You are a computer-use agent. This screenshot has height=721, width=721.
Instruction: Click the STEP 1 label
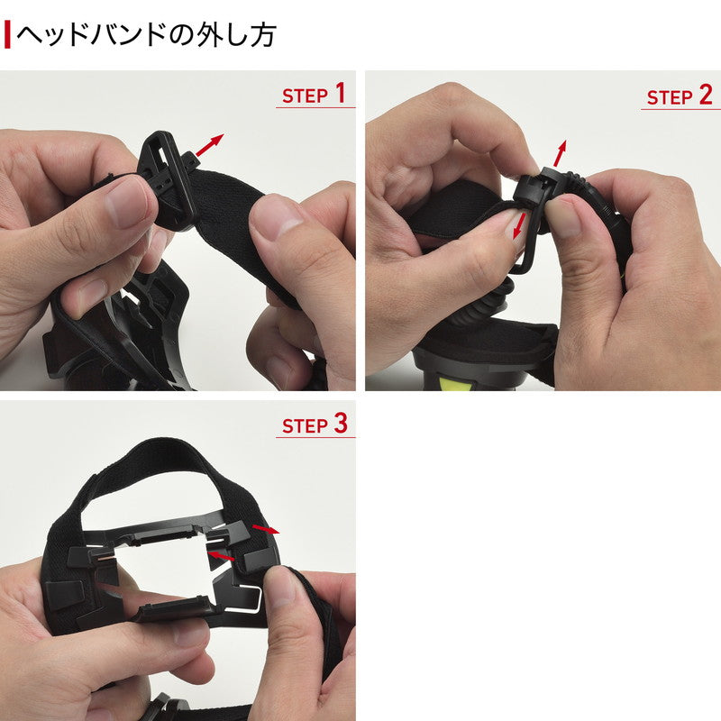(314, 94)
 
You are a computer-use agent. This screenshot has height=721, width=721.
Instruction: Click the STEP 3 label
(314, 424)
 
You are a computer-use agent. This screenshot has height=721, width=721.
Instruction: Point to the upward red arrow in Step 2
(561, 151)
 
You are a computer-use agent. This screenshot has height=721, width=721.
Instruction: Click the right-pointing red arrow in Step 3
(266, 527)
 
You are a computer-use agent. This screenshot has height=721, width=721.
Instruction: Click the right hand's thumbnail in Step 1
(277, 217)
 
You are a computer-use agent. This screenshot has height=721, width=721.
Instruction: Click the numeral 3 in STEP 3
(340, 424)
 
